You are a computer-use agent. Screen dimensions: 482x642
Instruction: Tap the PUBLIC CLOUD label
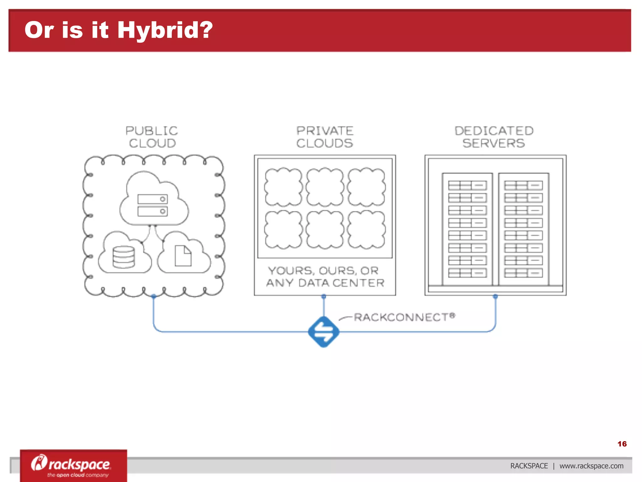[152, 137]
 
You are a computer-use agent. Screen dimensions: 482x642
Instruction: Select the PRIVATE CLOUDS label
[325, 137]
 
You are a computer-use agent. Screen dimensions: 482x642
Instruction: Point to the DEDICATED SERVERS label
[494, 137]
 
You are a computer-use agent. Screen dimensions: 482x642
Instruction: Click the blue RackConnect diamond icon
[324, 332]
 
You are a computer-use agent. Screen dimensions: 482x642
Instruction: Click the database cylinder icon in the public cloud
[124, 257]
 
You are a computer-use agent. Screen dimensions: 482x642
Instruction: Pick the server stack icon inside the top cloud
[153, 205]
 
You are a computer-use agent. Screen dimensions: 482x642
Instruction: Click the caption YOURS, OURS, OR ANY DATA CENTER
[325, 277]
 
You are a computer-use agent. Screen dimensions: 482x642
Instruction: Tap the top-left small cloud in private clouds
[283, 187]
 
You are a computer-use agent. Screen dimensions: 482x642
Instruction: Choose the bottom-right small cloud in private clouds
[366, 230]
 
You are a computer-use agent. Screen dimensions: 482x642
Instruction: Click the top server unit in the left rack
[467, 185]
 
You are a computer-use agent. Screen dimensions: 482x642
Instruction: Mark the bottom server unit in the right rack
[523, 273]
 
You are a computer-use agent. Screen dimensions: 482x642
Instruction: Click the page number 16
[622, 444]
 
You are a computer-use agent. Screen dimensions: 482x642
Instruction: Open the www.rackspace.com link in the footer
[591, 466]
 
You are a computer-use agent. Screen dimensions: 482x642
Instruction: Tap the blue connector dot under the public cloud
[154, 296]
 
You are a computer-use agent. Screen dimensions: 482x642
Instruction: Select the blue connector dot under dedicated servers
[495, 296]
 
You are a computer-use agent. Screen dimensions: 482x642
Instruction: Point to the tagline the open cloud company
[78, 475]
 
